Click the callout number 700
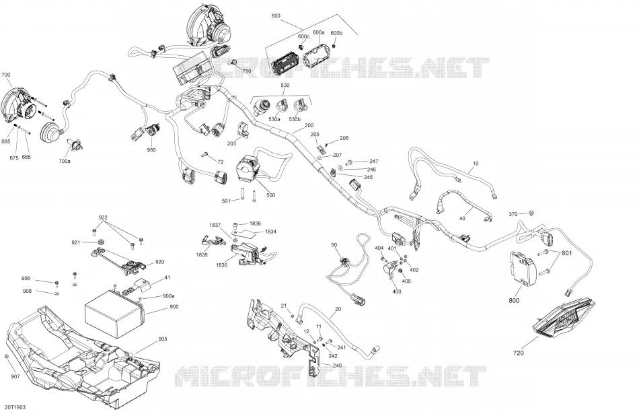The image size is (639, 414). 6,75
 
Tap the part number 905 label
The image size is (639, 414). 163,339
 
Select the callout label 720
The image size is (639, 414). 519,353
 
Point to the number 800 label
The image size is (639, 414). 514,301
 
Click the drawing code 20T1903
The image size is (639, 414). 15,407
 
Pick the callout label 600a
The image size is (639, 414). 318,32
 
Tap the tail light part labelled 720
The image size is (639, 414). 564,317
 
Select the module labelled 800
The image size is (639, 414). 522,270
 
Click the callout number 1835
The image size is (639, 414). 222,265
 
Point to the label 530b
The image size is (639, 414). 295,120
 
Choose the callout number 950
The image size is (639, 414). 151,150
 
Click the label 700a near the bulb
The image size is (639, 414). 65,162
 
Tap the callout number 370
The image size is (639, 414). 513,214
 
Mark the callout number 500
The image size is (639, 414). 270,195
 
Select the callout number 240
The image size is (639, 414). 337,366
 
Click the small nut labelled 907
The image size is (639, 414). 7,357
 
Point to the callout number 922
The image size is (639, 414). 103,217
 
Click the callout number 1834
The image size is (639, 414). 270,232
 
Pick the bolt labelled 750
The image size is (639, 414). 235,63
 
